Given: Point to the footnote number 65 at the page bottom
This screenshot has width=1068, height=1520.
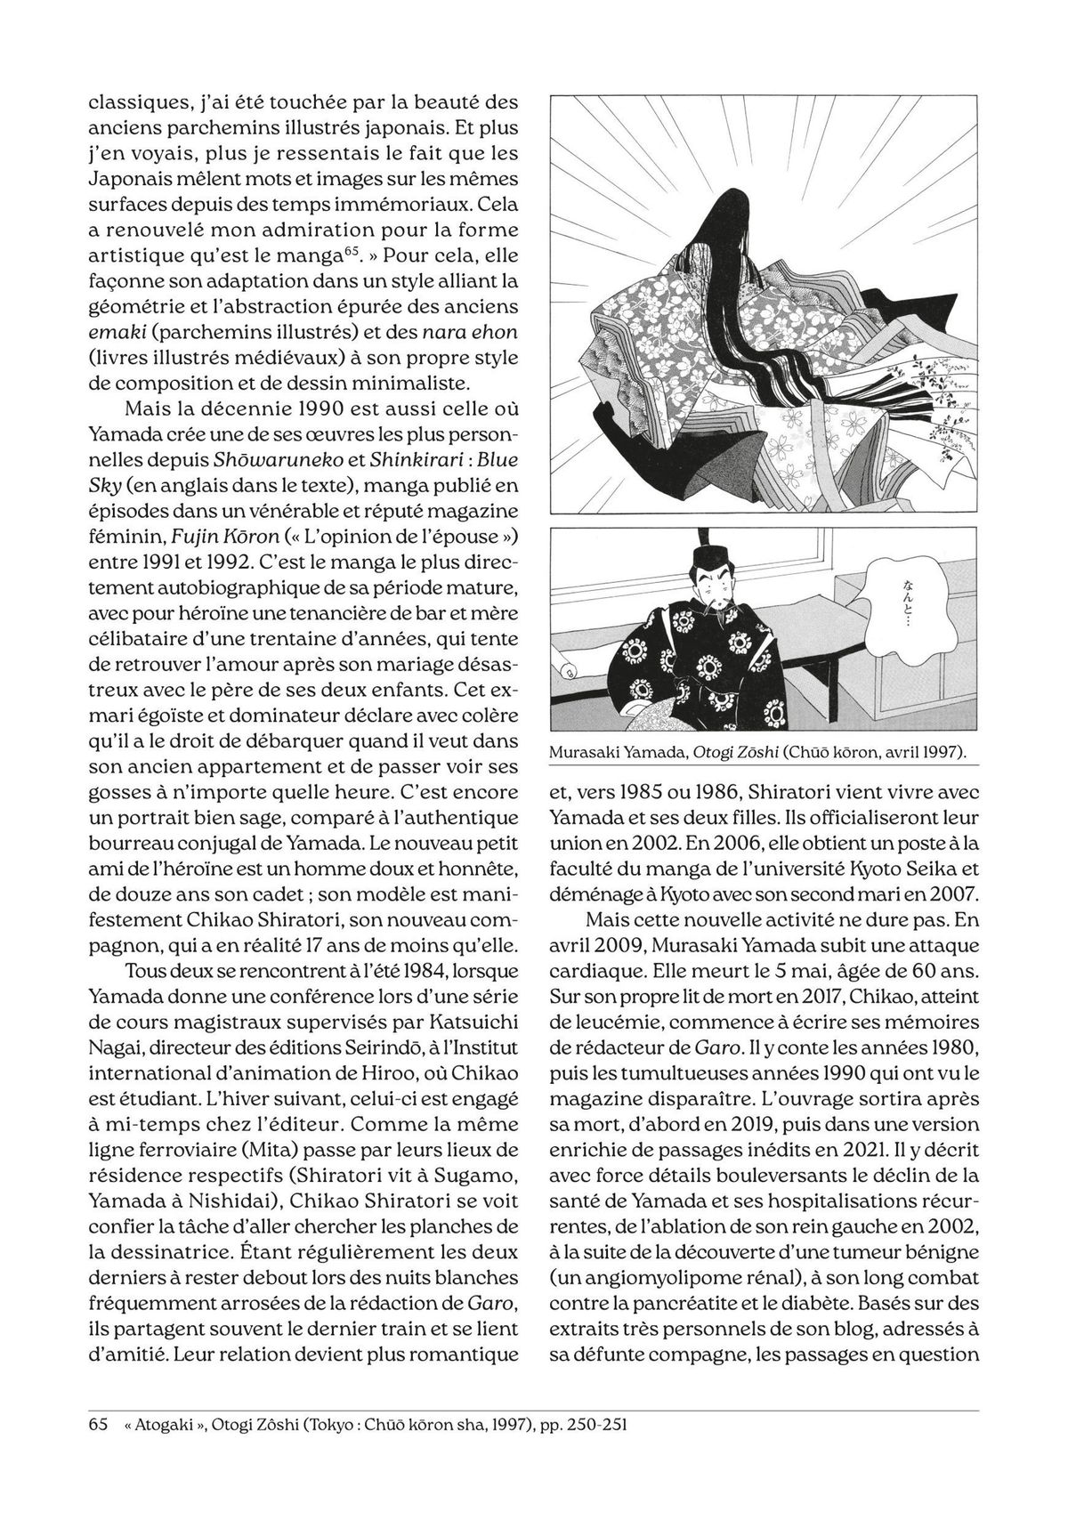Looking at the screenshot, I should pos(99,1449).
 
